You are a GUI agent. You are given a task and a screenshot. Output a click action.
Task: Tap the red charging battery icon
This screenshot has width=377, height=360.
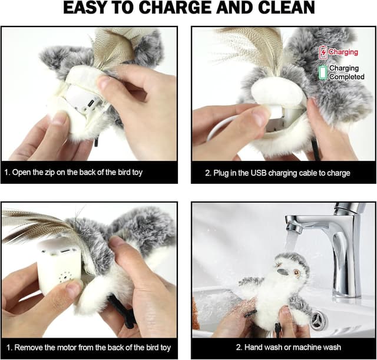click(322, 53)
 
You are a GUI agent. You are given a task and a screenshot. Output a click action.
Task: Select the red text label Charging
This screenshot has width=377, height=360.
click(343, 52)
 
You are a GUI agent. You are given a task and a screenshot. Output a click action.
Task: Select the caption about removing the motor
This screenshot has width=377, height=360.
click(89, 347)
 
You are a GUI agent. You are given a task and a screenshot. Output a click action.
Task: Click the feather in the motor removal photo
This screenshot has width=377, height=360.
click(35, 227)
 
